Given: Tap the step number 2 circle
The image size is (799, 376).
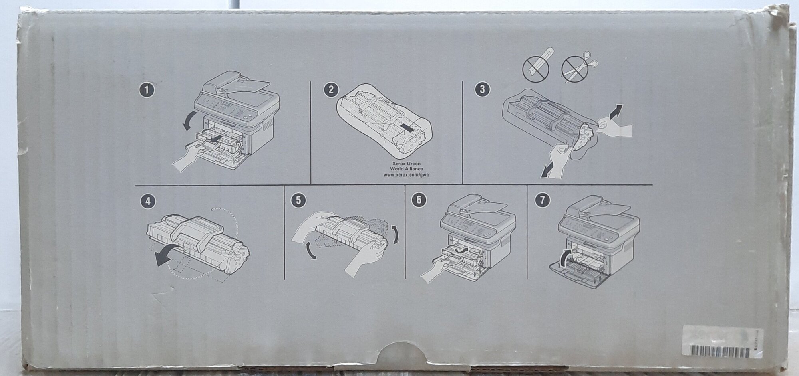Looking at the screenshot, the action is point(330,90).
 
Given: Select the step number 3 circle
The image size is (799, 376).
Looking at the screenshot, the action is point(482,90).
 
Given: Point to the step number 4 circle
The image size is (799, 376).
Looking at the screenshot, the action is point(149,202).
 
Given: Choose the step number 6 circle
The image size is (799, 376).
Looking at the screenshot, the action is point(419,200).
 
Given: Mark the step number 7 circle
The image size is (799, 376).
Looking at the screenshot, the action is point(542,200).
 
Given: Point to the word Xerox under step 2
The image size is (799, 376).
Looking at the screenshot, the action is point(399,164).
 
